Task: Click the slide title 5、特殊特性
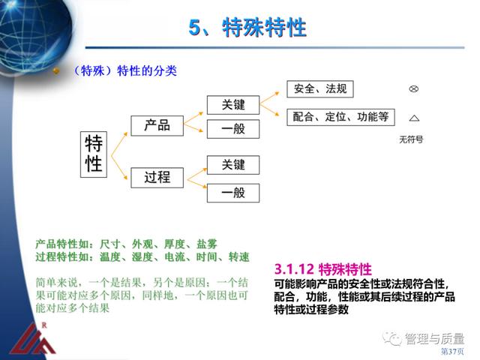coord(247,28)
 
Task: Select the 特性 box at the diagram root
coord(94,154)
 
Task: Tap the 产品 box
coord(157,125)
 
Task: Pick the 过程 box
coord(157,178)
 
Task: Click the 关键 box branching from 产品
coord(233,105)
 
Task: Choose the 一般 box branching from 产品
coord(233,129)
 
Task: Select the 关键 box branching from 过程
coord(233,165)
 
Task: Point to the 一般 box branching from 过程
coord(233,193)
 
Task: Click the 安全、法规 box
coord(320,89)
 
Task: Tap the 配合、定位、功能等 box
coord(340,117)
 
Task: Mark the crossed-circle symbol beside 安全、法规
coord(413,88)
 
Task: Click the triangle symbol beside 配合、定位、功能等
coord(414,118)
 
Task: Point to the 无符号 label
coord(411,139)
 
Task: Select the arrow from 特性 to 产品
coord(118,144)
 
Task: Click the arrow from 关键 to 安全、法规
coord(269,98)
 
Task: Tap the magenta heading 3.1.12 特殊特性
coord(323,270)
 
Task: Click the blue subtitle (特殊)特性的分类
coord(125,71)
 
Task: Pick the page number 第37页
coord(452,351)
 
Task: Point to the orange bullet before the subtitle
coord(56,71)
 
